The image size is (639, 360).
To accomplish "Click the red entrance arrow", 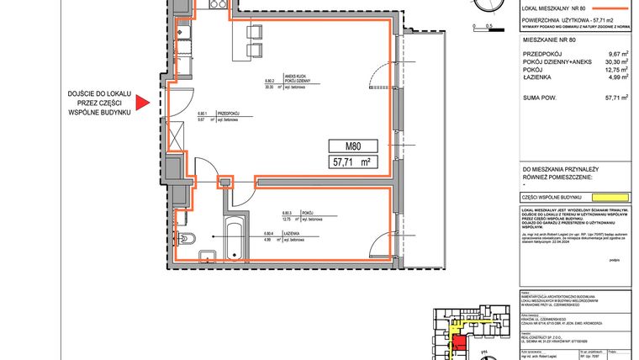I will (x=142, y=103).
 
